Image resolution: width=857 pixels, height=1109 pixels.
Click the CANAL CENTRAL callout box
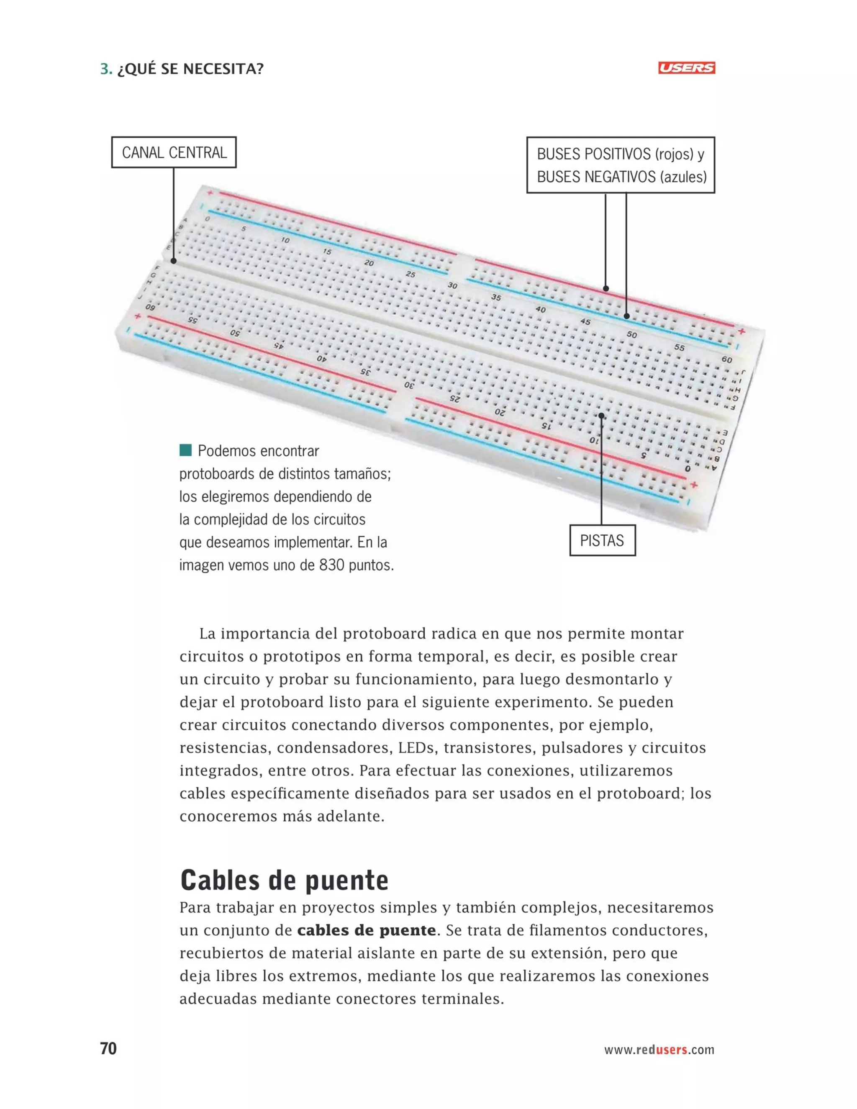tap(174, 152)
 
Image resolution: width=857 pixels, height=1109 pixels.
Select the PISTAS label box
tap(602, 540)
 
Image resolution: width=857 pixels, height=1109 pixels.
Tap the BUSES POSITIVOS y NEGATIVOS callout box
tap(621, 165)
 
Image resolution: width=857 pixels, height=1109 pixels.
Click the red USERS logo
tap(686, 68)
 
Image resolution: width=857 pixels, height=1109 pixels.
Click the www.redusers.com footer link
tap(659, 1050)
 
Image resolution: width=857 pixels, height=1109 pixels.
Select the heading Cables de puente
tap(284, 880)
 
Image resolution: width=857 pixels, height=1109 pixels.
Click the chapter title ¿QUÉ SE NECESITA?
tap(190, 69)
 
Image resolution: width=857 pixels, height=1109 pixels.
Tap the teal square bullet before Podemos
tap(186, 450)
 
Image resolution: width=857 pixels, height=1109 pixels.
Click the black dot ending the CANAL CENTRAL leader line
tap(174, 261)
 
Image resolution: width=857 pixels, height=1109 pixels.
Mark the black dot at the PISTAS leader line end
tap(602, 416)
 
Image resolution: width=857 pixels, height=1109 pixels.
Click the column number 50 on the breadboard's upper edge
tap(631, 335)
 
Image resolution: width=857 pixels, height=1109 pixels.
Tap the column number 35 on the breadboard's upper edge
tap(496, 297)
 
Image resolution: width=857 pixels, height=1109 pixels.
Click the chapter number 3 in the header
tap(105, 69)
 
